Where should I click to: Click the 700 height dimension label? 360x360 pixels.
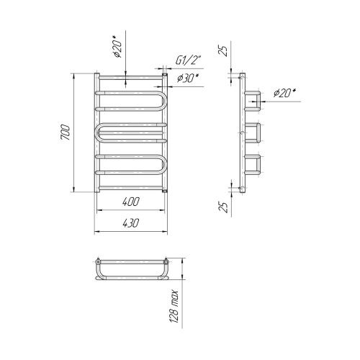click(x=66, y=132)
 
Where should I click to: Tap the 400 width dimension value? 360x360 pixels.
click(x=130, y=202)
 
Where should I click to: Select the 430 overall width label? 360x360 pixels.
click(x=130, y=223)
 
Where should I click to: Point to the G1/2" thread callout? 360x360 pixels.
click(x=188, y=60)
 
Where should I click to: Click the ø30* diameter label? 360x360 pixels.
click(x=188, y=78)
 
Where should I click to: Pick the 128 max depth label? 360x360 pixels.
click(x=174, y=307)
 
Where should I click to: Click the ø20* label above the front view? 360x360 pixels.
click(x=117, y=47)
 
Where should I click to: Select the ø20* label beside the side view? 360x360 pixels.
click(x=285, y=93)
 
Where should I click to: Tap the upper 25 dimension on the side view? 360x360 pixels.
click(x=223, y=50)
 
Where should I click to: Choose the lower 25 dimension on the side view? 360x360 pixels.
click(x=223, y=207)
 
